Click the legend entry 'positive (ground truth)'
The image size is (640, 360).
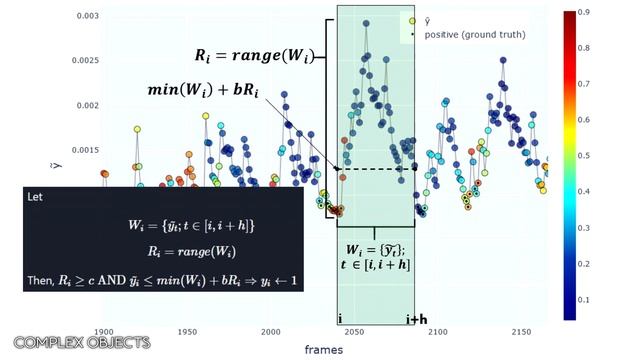(474, 35)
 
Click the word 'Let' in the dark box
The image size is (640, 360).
(37, 198)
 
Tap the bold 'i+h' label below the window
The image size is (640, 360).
(417, 319)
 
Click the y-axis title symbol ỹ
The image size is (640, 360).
(58, 163)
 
